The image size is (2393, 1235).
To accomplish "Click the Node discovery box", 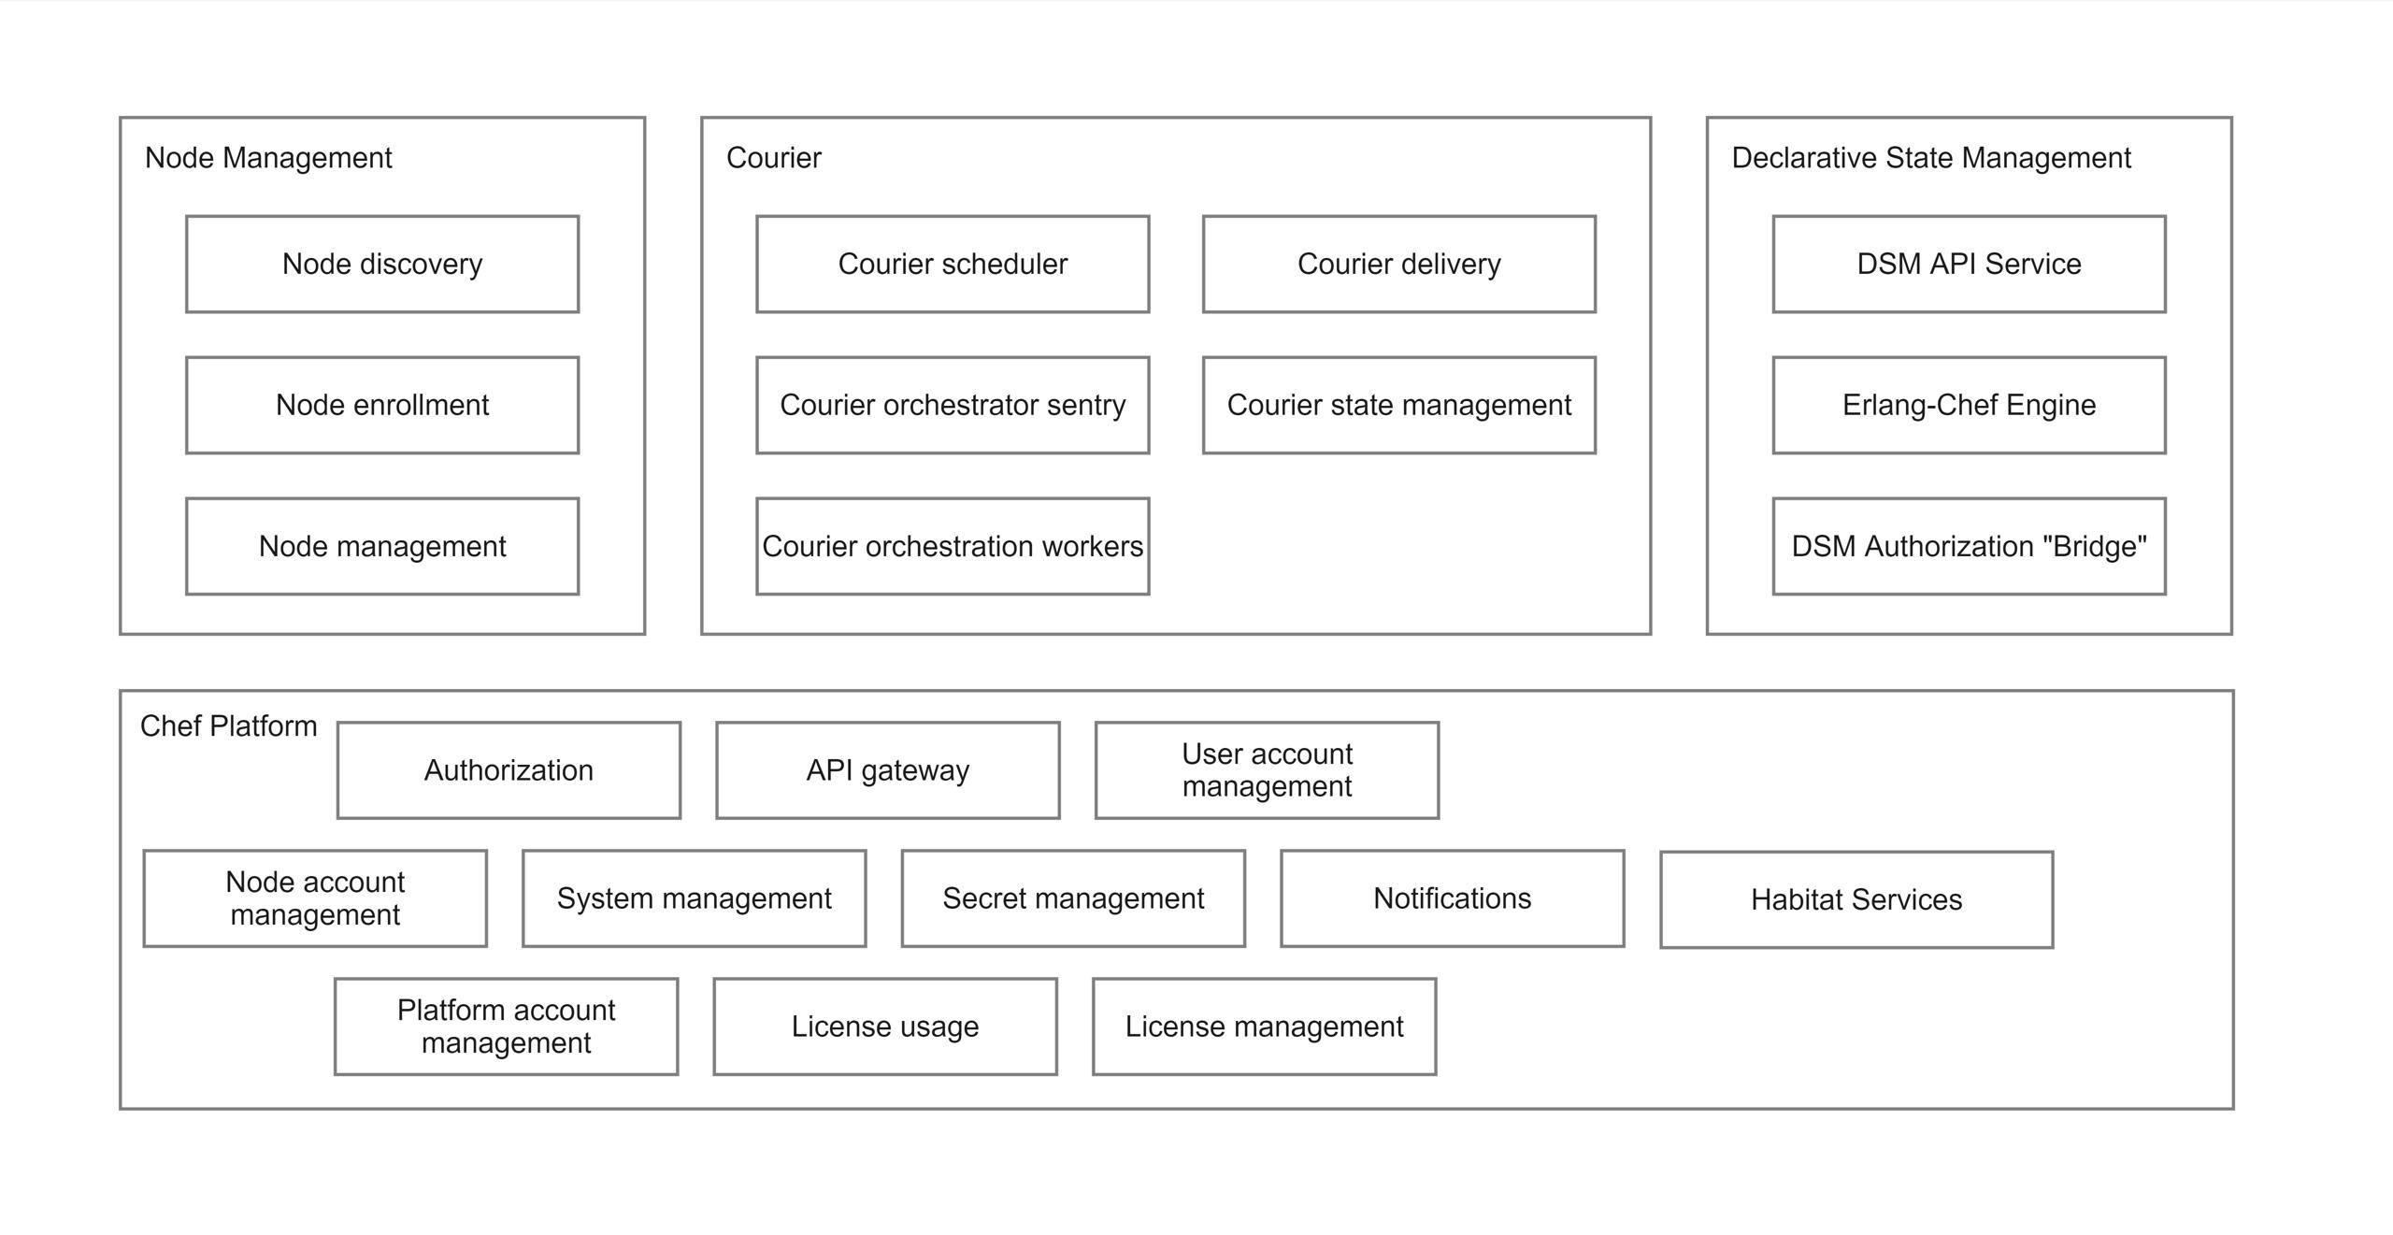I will [x=382, y=264].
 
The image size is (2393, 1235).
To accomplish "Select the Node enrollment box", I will [x=382, y=405].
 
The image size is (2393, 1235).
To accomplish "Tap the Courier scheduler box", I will [x=953, y=264].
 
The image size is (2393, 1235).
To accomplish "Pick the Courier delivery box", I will [x=1398, y=264].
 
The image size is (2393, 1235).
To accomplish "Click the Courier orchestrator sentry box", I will [x=953, y=405].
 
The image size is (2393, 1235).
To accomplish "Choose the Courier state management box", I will [x=1398, y=405].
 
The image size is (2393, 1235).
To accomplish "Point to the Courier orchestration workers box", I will [x=953, y=546].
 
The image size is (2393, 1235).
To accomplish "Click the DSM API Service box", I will [x=1969, y=264].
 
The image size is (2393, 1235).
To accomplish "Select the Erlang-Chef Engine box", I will [x=1969, y=405].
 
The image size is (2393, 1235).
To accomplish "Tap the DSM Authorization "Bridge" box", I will [x=1969, y=546].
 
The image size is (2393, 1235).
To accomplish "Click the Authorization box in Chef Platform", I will [x=509, y=769].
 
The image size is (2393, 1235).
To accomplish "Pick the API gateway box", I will [x=888, y=769].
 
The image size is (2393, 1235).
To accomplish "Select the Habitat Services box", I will [x=1856, y=899].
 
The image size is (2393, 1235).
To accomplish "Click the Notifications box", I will [x=1452, y=898].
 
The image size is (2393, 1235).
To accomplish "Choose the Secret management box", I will [x=1073, y=898].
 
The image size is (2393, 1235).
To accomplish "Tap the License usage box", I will [x=885, y=1026].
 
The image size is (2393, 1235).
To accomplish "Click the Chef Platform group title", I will [x=228, y=725].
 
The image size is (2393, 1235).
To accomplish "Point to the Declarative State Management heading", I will [x=1930, y=157].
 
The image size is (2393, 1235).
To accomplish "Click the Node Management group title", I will [x=268, y=157].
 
